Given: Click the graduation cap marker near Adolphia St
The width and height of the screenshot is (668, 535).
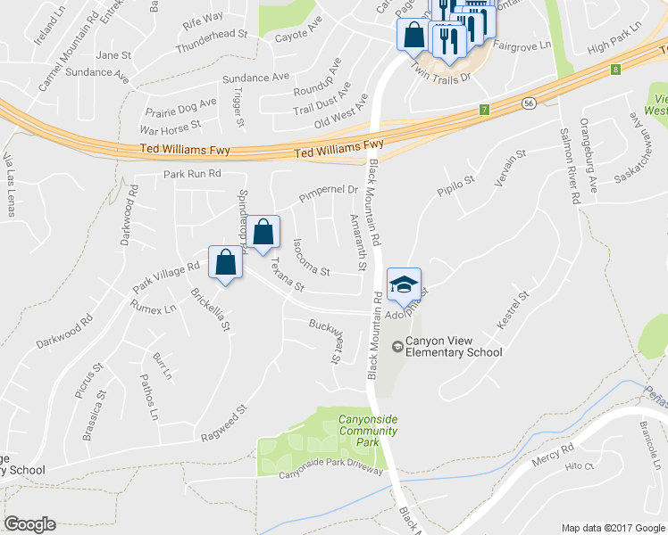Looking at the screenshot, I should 404,284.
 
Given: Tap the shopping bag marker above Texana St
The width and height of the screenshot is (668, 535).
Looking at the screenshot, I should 263,233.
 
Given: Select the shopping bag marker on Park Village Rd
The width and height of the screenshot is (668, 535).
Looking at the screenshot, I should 225,263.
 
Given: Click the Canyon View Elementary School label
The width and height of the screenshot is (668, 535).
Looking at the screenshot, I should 454,346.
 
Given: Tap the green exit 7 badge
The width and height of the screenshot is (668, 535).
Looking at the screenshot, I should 484,110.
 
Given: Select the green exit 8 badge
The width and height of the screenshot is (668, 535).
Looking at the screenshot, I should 615,69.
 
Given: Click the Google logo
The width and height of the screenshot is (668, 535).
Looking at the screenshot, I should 29,524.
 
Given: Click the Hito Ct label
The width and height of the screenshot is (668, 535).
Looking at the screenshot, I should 580,465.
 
